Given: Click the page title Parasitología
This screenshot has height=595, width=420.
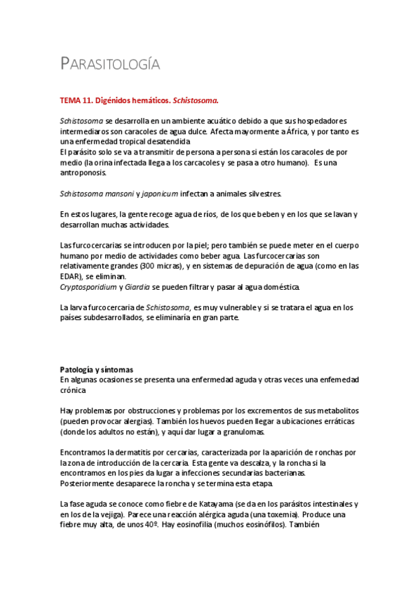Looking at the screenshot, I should point(110,65).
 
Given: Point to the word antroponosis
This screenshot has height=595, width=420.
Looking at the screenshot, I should point(84,173).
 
